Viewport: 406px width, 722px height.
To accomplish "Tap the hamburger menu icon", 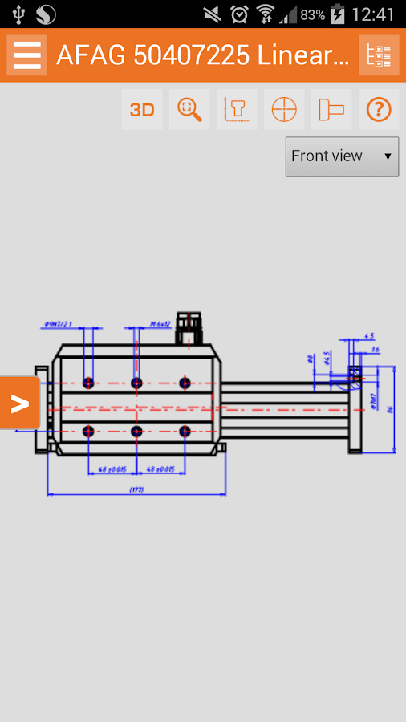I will click(x=26, y=55).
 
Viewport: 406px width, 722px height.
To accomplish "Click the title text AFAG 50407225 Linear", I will click(x=202, y=55).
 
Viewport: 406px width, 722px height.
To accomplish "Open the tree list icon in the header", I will click(x=379, y=55).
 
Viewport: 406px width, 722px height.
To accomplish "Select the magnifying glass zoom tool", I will click(x=189, y=110).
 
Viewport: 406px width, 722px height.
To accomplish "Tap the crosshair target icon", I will click(x=284, y=110).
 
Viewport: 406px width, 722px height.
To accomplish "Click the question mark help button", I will click(x=379, y=110).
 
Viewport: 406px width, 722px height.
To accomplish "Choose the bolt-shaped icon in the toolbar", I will click(x=331, y=110).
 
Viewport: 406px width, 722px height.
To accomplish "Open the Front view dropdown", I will click(x=342, y=156).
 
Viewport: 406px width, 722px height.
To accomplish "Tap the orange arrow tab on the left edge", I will click(x=19, y=403).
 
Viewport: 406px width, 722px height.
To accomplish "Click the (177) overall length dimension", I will click(x=136, y=489).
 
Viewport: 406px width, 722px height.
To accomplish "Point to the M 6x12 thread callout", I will click(x=160, y=324).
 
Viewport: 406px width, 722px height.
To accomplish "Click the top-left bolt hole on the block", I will click(x=88, y=383).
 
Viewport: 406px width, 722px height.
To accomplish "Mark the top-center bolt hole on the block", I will click(x=136, y=383).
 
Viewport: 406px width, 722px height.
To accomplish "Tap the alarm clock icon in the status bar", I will click(x=239, y=14).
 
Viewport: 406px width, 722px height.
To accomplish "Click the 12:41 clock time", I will click(x=373, y=14).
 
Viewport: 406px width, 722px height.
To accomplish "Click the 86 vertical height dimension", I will click(x=391, y=409).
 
